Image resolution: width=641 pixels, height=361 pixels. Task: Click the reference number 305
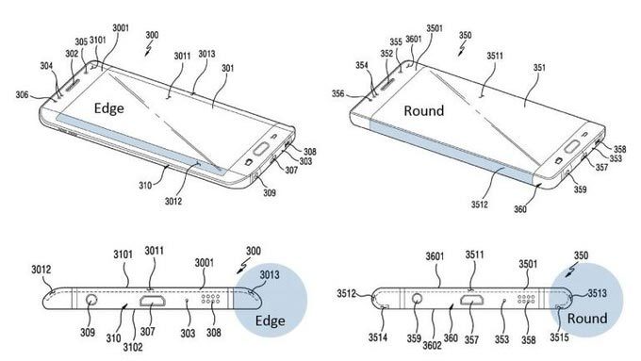pos(82,41)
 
